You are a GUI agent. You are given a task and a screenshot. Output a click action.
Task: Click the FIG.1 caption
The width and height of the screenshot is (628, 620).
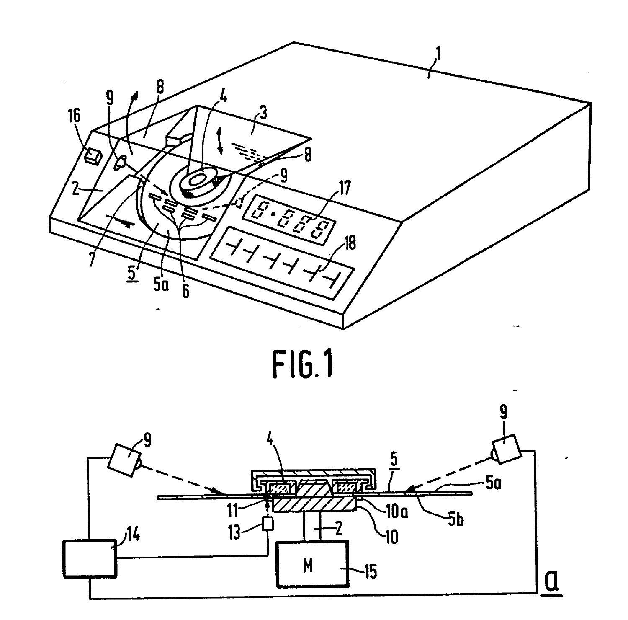pyautogui.click(x=303, y=365)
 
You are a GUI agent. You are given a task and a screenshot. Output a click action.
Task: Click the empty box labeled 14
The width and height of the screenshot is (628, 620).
pyautogui.click(x=89, y=558)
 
